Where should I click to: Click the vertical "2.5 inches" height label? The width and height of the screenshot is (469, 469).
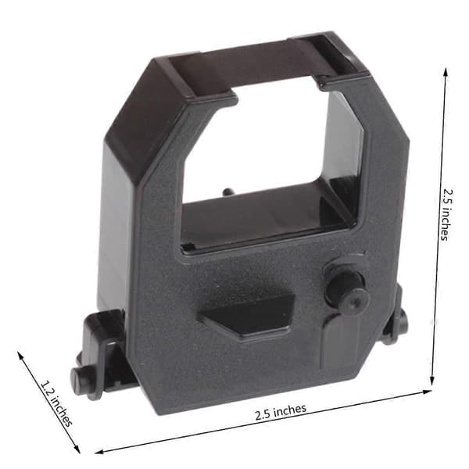pyautogui.click(x=446, y=214)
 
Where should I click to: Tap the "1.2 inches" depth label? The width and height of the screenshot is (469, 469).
pyautogui.click(x=56, y=403)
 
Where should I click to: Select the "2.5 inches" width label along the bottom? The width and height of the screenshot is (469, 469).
pyautogui.click(x=281, y=413)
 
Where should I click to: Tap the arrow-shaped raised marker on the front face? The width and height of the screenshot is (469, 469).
pyautogui.click(x=246, y=316)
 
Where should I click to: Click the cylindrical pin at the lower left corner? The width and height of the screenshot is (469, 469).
pyautogui.click(x=82, y=378)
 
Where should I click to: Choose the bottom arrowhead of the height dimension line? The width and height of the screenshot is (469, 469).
pyautogui.click(x=432, y=381)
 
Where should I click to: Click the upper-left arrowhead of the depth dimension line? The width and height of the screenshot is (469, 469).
pyautogui.click(x=22, y=356)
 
